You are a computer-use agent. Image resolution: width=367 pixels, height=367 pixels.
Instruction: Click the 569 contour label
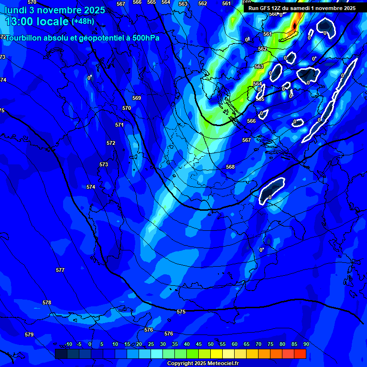tap(137, 98)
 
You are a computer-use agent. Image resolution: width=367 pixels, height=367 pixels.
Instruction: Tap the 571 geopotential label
tap(119, 125)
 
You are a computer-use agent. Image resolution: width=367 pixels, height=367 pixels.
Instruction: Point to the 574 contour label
tap(91, 187)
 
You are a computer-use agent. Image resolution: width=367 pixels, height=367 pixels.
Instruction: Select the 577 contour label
tap(60, 270)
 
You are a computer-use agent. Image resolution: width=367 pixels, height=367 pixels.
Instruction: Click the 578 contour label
tap(47, 302)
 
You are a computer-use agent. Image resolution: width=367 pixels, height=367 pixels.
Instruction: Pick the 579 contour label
tap(29, 335)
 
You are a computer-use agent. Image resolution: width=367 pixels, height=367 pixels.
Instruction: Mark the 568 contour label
tap(230, 167)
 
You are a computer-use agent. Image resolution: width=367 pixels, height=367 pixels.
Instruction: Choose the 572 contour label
tap(111, 143)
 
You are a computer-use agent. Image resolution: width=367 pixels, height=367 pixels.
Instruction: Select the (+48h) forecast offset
tap(83, 21)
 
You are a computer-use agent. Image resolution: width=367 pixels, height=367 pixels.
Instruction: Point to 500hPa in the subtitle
tap(146, 38)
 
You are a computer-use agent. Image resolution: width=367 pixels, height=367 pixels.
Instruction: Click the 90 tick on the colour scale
tap(306, 344)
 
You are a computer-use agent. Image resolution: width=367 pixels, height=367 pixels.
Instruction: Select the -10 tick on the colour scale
tap(68, 344)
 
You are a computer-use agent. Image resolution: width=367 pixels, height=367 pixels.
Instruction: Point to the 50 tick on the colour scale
tap(210, 344)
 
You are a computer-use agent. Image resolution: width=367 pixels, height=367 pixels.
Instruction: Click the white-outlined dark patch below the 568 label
tap(271, 191)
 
